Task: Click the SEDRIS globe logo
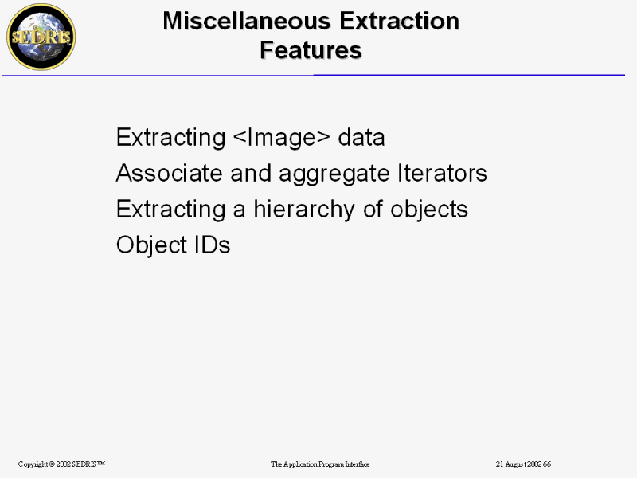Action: (x=41, y=37)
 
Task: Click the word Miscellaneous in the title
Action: (x=247, y=21)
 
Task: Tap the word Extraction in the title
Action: (x=400, y=21)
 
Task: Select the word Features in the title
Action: (x=311, y=50)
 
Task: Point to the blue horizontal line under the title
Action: (x=313, y=75)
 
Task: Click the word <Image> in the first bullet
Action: (x=282, y=137)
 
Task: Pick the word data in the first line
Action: (x=361, y=137)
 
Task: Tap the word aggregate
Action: (x=334, y=174)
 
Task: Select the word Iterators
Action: (x=442, y=173)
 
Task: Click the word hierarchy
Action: (x=304, y=210)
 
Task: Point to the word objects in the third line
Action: (x=429, y=210)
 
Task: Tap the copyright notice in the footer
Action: (x=62, y=464)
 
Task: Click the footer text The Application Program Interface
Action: (x=320, y=464)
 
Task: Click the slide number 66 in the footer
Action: (x=547, y=464)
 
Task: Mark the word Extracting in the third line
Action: (x=170, y=210)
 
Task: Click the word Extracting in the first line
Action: (x=170, y=138)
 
